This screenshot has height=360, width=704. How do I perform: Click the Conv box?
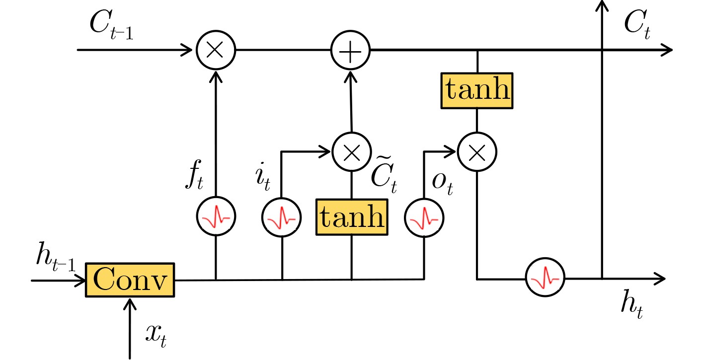131,280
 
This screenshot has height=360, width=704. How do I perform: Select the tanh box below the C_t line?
476,90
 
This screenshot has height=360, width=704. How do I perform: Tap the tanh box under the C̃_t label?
352,216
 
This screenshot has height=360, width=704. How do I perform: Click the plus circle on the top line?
351,50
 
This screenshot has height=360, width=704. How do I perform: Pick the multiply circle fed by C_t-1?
216,50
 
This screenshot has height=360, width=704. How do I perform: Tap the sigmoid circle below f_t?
216,217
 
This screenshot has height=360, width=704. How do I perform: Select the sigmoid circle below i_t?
282,217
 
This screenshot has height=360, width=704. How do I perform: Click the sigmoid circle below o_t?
424,217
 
